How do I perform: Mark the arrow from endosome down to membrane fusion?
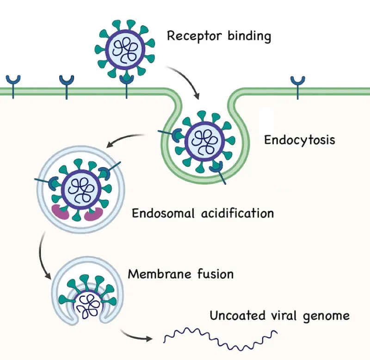(x=43, y=256)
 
